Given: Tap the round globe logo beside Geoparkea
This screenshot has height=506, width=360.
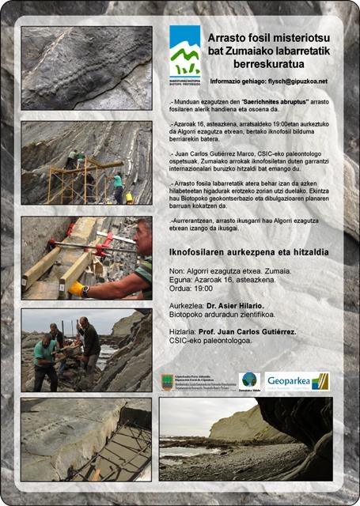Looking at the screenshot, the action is [249, 380].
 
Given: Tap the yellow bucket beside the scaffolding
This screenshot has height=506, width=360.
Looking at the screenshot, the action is [129, 198].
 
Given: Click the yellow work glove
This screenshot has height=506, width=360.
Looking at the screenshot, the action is [77, 288].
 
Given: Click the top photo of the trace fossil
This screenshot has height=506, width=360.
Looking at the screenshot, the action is [86, 67].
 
